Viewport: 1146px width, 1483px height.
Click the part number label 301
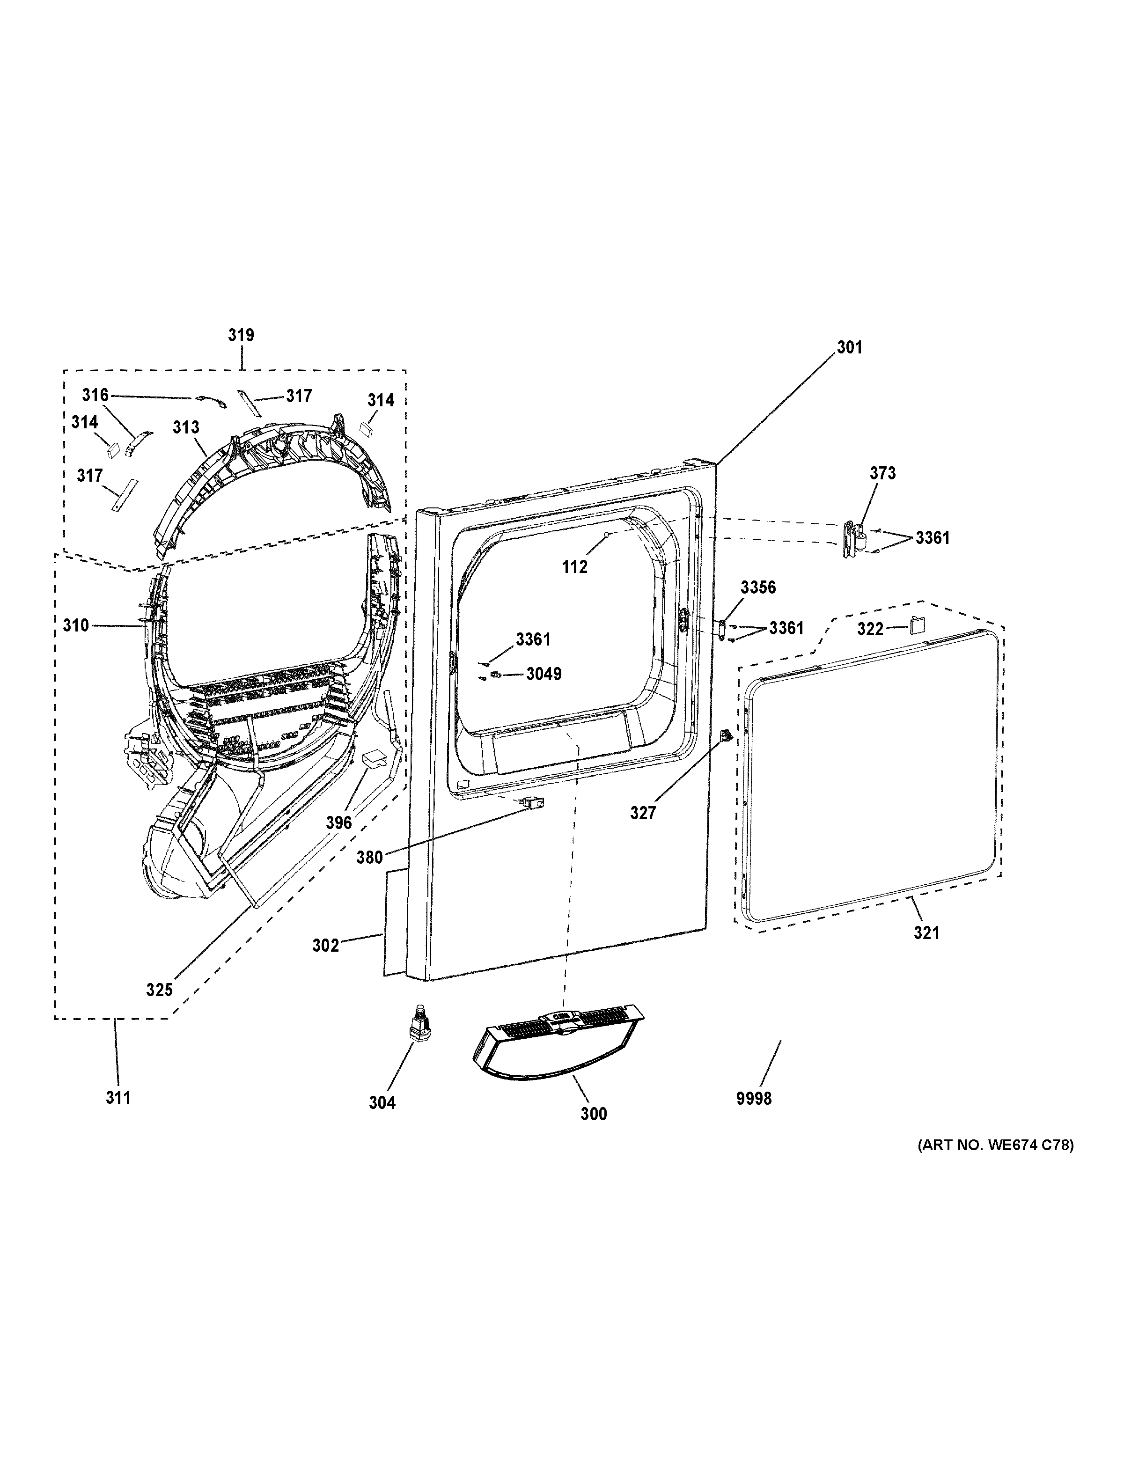[x=849, y=348]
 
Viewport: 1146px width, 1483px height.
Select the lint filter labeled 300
[x=557, y=1046]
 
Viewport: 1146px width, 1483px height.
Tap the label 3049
[x=544, y=674]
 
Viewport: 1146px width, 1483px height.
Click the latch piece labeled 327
[x=726, y=734]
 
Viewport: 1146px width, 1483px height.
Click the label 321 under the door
[x=926, y=933]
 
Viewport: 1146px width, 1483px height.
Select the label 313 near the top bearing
[x=185, y=427]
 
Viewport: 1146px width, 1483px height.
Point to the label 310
[x=76, y=625]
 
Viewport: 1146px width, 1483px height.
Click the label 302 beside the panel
[x=325, y=945]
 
